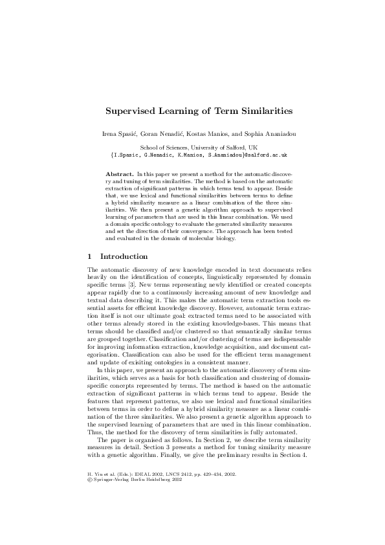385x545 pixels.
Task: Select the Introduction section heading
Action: pyautogui.click(x=124, y=256)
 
